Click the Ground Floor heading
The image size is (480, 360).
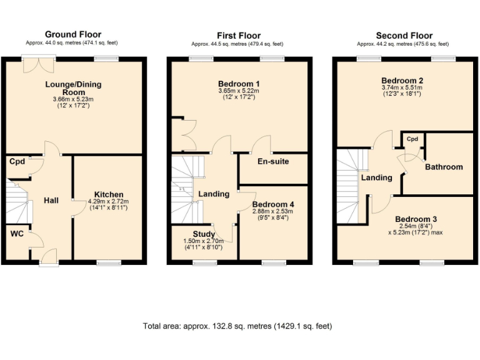click(x=72, y=34)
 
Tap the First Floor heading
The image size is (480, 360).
click(x=238, y=36)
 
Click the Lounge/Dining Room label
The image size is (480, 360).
click(x=73, y=88)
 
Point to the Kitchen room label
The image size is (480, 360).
click(x=109, y=194)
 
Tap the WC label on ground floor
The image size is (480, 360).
click(x=17, y=234)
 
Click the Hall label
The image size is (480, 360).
click(x=51, y=201)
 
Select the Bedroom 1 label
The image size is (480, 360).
click(x=239, y=84)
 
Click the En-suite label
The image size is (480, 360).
click(x=273, y=161)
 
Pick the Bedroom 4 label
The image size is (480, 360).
click(x=272, y=204)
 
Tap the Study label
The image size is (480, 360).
click(x=204, y=234)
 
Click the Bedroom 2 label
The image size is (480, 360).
click(x=403, y=81)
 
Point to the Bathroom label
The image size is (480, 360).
click(x=444, y=167)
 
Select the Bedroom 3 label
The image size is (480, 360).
click(x=416, y=219)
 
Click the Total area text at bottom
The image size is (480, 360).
click(x=237, y=326)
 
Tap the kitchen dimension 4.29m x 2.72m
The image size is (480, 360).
click(x=108, y=202)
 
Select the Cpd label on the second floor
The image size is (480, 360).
click(x=412, y=139)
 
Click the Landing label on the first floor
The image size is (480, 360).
click(x=214, y=194)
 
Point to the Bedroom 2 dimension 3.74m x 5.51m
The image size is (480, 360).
click(x=403, y=88)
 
